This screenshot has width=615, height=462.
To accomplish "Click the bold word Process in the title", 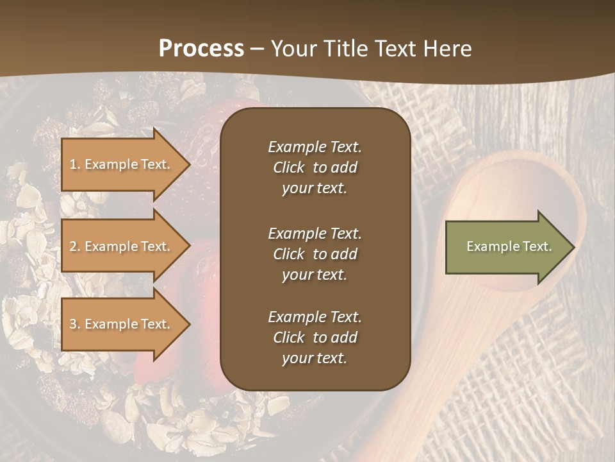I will click(x=201, y=49).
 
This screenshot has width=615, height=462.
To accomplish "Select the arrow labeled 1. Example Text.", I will click(x=122, y=164).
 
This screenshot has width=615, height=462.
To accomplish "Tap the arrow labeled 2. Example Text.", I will click(x=122, y=246).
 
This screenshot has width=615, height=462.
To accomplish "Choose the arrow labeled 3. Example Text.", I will click(x=122, y=324).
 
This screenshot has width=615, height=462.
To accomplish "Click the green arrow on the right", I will click(x=506, y=247).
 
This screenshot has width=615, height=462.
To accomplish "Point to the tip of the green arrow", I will click(x=573, y=247).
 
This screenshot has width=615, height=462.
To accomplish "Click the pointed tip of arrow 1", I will click(x=188, y=164).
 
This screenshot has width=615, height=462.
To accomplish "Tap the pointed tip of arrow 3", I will click(x=188, y=324).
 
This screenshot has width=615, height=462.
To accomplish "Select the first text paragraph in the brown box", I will click(x=315, y=167).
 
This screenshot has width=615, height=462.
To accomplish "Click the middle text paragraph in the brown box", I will click(x=315, y=253).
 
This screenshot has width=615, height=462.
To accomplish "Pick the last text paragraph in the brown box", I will click(x=315, y=338).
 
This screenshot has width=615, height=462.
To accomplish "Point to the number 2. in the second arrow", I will click(x=75, y=246).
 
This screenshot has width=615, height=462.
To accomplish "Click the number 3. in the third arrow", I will click(x=75, y=324).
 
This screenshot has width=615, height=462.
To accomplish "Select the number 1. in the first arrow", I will click(x=74, y=164).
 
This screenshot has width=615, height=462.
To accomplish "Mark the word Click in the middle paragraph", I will click(x=288, y=254).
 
